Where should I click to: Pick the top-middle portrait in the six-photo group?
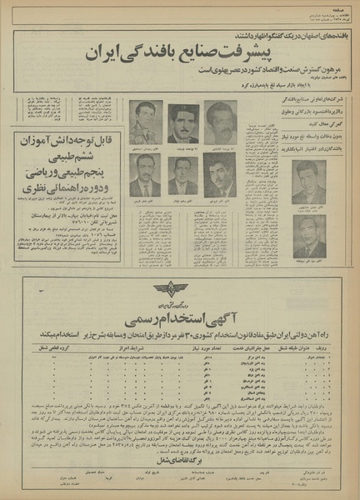coord(182,123)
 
